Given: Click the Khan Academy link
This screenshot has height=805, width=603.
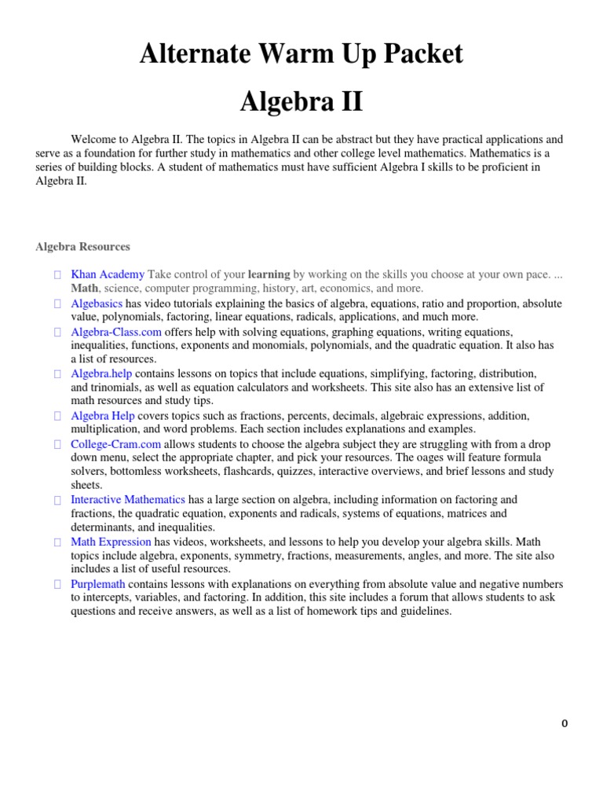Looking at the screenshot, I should (x=108, y=274).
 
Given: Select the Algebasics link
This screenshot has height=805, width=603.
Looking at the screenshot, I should (x=97, y=303).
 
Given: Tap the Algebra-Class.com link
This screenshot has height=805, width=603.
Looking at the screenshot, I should (x=111, y=332).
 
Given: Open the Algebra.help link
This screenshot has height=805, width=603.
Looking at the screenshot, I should (x=100, y=373).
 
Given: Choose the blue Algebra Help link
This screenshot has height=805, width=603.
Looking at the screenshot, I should (x=103, y=415).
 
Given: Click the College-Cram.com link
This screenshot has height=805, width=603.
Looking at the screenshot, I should (x=111, y=444).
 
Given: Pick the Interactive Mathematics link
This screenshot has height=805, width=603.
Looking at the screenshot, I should (x=128, y=499).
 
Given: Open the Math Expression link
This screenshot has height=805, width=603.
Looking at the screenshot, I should (x=111, y=542).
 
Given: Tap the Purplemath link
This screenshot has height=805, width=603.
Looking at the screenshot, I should (x=98, y=584).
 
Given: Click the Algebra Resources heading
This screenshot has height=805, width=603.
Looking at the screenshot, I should (x=82, y=246).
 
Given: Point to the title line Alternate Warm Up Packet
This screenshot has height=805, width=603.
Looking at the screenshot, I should (x=301, y=53).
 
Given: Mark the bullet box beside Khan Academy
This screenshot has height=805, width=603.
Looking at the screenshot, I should (x=58, y=275).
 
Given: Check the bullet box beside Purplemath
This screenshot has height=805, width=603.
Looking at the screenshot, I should (x=58, y=585).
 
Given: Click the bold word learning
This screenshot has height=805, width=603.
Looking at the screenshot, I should (x=269, y=274).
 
